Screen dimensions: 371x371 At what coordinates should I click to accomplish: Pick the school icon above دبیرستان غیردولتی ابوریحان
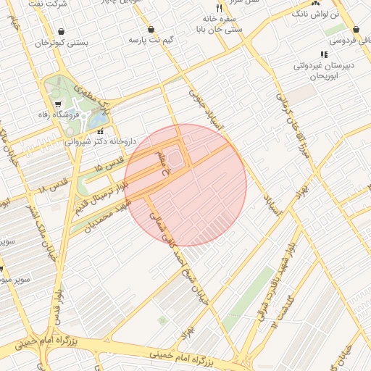(x=324, y=54)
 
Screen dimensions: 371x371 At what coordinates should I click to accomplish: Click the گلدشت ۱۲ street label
(x=282, y=311)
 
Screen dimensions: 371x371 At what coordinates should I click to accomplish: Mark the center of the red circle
(x=185, y=185)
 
